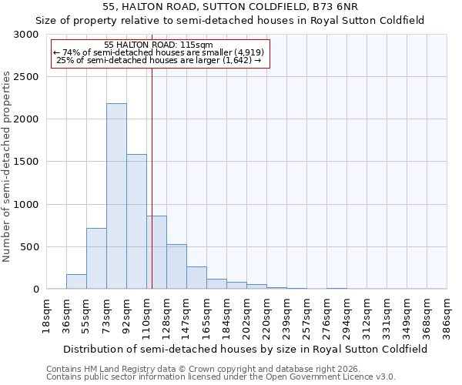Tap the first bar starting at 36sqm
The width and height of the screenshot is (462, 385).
click(x=76, y=282)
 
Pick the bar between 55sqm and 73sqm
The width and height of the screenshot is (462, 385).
click(x=96, y=259)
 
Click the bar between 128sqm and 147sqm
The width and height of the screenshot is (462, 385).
click(x=176, y=266)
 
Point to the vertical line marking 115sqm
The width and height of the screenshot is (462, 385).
click(x=152, y=177)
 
